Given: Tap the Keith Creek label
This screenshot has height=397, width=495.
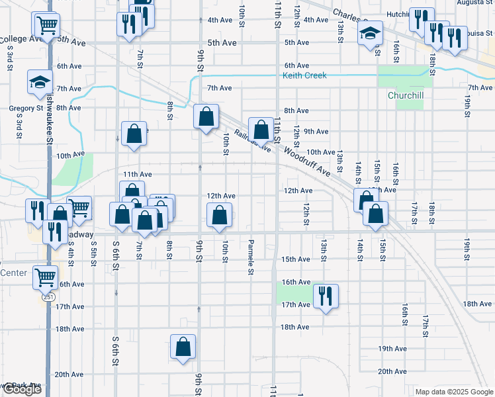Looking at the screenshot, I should tap(304, 75).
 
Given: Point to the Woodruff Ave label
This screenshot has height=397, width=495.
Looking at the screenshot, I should tap(308, 161).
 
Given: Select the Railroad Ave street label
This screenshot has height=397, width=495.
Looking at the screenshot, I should tap(253, 141).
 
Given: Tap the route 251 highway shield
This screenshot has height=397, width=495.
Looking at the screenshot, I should tap(48, 297).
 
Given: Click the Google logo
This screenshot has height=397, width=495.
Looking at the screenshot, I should tap(21, 389).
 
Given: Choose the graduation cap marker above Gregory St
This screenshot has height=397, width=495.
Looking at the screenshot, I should tap(40, 82).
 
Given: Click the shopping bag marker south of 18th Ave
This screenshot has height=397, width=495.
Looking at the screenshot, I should tap(183, 346).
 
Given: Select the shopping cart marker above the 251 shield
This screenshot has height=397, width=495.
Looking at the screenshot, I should tap(45, 277).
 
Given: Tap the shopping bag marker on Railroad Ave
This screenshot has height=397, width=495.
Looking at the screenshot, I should tap(261, 129).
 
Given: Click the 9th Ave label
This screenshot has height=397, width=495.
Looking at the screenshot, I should tap(316, 132).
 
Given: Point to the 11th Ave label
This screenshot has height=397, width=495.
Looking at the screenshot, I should tap(137, 174).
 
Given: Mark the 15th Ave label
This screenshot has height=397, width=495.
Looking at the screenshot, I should tap(296, 259).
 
